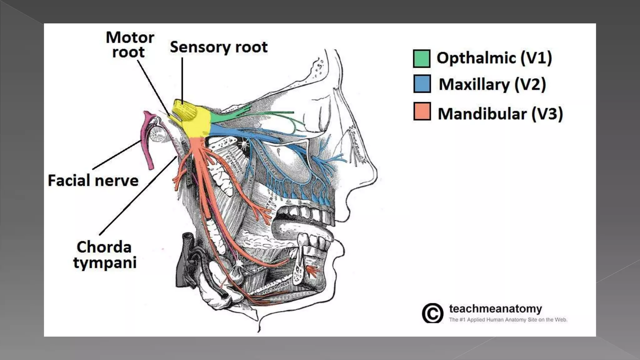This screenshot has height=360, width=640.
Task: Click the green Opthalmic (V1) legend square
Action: coord(421,58)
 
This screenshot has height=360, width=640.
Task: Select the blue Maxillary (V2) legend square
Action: coord(422,83)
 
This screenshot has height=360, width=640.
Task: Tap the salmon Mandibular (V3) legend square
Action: coord(422,111)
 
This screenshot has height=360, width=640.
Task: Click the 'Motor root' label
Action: coord(130,44)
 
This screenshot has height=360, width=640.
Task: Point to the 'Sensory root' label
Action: coord(218,47)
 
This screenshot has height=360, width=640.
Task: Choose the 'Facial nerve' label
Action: coord(93,181)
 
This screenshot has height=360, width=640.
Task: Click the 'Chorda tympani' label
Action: coord(104,254)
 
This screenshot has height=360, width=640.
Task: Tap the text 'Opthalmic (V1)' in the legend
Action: coord(494,58)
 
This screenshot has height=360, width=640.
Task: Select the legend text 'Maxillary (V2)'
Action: coord(492,84)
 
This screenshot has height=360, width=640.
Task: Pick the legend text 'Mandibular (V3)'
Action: coord(500,113)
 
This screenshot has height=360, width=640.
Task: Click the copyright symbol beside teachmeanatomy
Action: coord(432,313)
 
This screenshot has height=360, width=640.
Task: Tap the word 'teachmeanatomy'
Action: coord(495,309)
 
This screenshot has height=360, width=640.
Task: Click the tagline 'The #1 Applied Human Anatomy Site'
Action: coord(508,320)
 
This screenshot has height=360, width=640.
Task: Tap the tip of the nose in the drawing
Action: coord(376,175)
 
